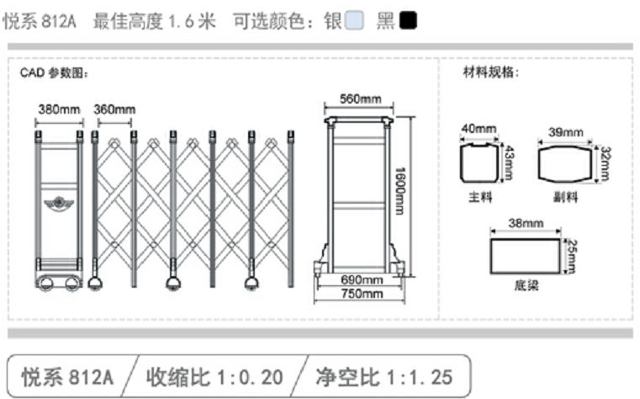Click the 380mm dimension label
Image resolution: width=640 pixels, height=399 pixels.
pyautogui.click(x=59, y=109)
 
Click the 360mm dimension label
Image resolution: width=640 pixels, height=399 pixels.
pyautogui.click(x=114, y=109)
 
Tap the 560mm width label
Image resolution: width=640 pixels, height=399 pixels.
pyautogui.click(x=360, y=99)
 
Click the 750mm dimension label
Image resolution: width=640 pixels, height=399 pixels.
pyautogui.click(x=360, y=294)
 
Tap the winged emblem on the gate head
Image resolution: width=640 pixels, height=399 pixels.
pyautogui.click(x=59, y=205)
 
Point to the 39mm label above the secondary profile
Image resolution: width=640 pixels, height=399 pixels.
pyautogui.click(x=565, y=131)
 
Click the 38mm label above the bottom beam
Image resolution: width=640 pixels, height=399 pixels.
pyautogui.click(x=526, y=224)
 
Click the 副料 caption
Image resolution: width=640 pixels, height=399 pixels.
pyautogui.click(x=565, y=197)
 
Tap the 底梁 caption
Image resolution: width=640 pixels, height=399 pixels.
pyautogui.click(x=526, y=285)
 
